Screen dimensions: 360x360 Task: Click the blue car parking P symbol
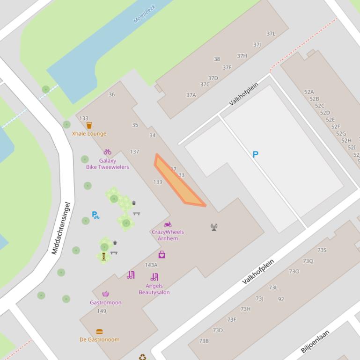(256, 154)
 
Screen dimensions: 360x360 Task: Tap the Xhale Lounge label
(89, 134)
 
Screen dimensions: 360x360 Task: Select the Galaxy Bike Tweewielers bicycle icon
(107, 152)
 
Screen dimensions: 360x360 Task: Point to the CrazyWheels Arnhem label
(168, 235)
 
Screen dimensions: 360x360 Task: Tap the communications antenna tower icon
(214, 227)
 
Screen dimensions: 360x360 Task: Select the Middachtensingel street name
(61, 228)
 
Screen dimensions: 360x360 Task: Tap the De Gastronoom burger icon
(99, 332)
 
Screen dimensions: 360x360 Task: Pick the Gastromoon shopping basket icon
(106, 294)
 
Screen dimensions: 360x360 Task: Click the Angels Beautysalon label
(154, 289)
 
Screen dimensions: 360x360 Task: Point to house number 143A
(151, 265)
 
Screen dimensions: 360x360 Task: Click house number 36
(111, 94)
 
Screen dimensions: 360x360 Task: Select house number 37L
(271, 34)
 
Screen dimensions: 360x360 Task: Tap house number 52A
(309, 92)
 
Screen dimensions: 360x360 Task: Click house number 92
(281, 299)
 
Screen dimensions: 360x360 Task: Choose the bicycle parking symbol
(96, 215)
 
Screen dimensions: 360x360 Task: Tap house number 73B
(204, 341)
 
